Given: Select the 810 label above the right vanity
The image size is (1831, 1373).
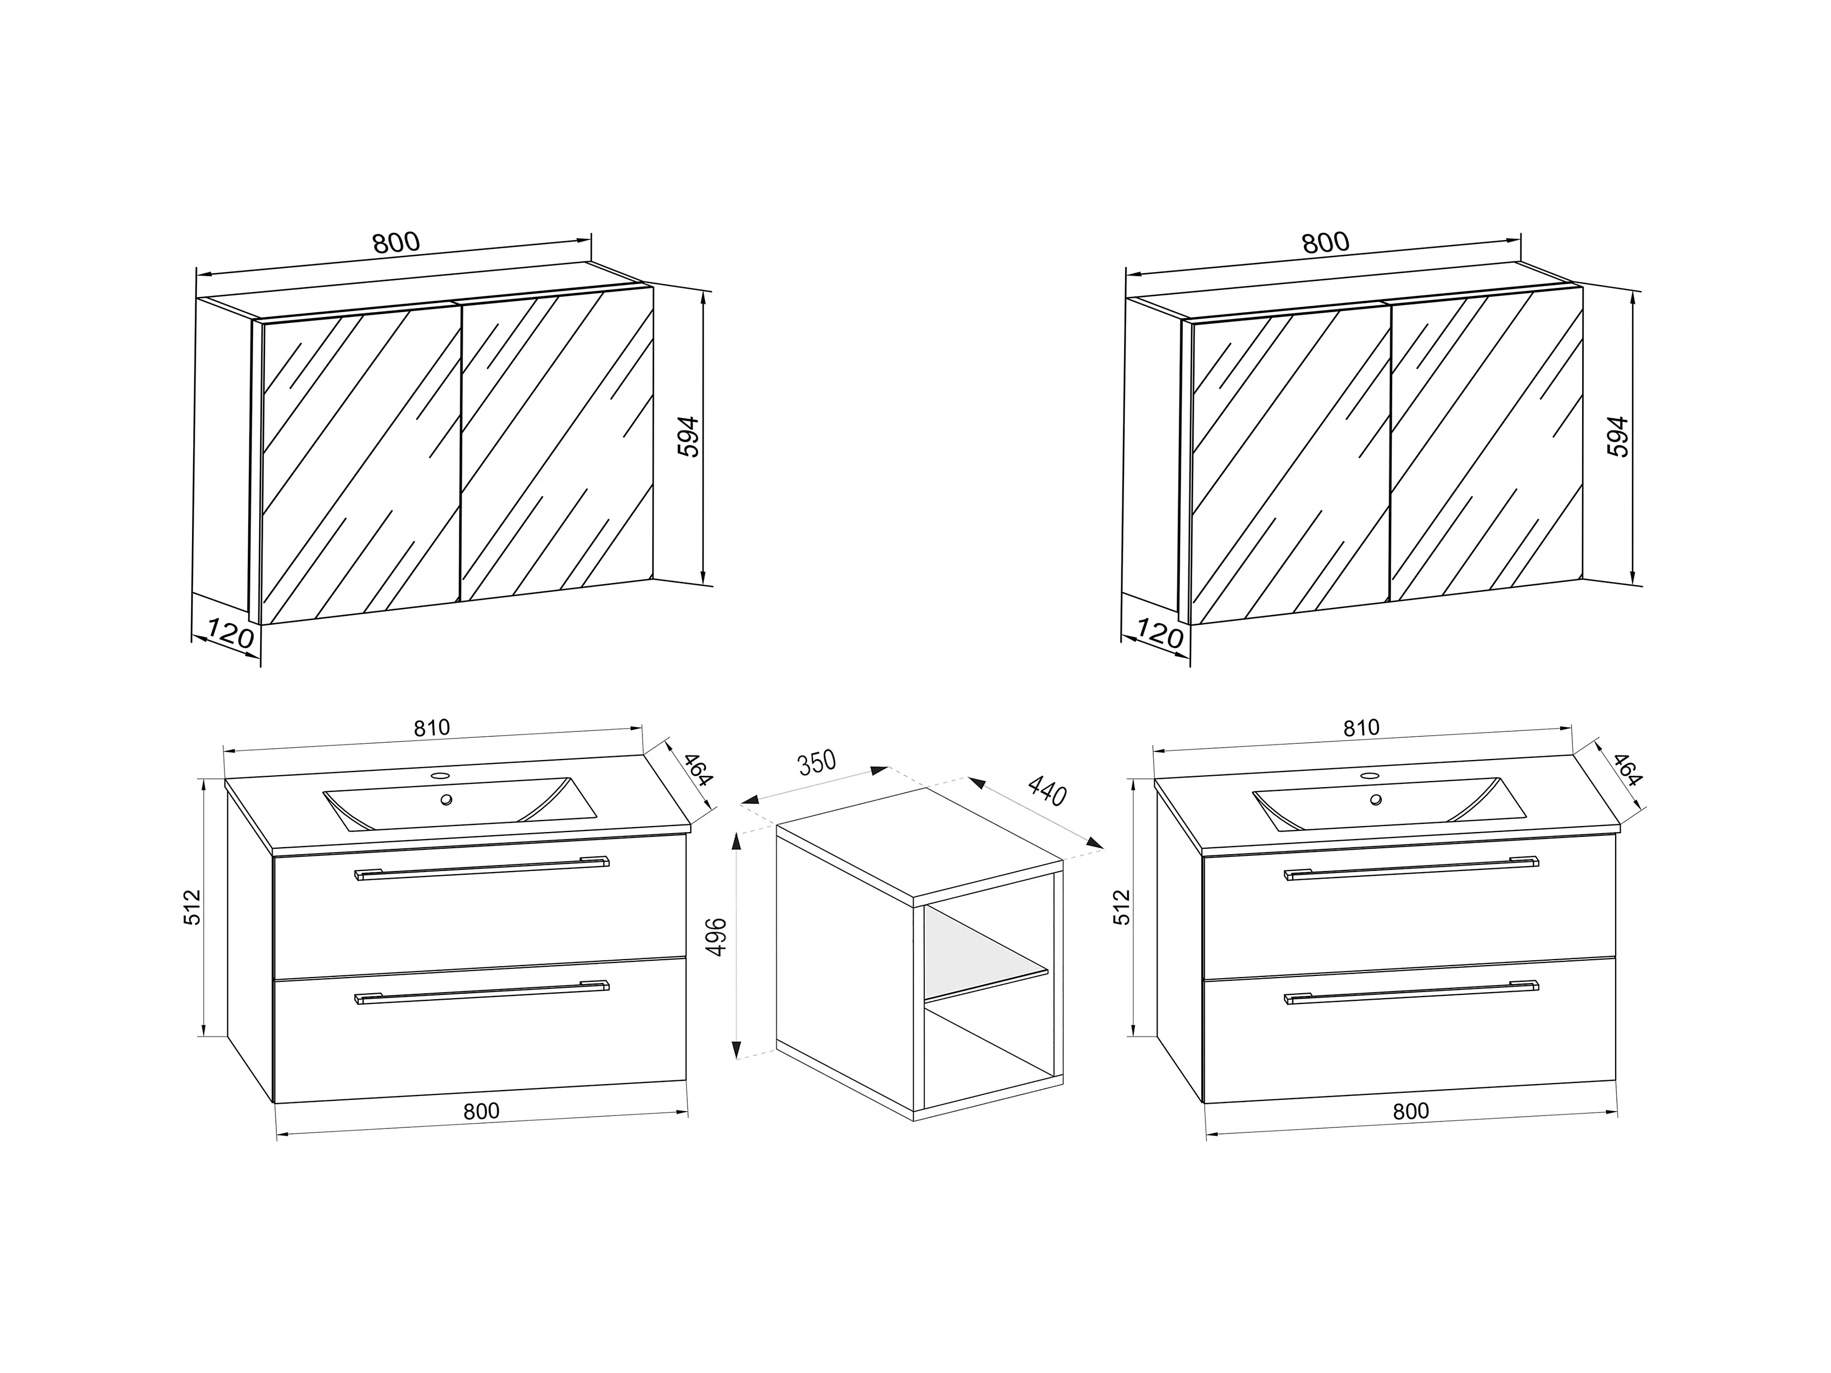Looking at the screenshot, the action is [x=1361, y=728].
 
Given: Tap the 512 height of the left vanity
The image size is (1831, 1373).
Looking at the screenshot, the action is [x=192, y=907].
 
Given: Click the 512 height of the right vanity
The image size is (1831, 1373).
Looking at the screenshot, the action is [x=1122, y=907].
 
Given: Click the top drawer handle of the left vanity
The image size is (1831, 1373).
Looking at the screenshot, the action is [x=482, y=867].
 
